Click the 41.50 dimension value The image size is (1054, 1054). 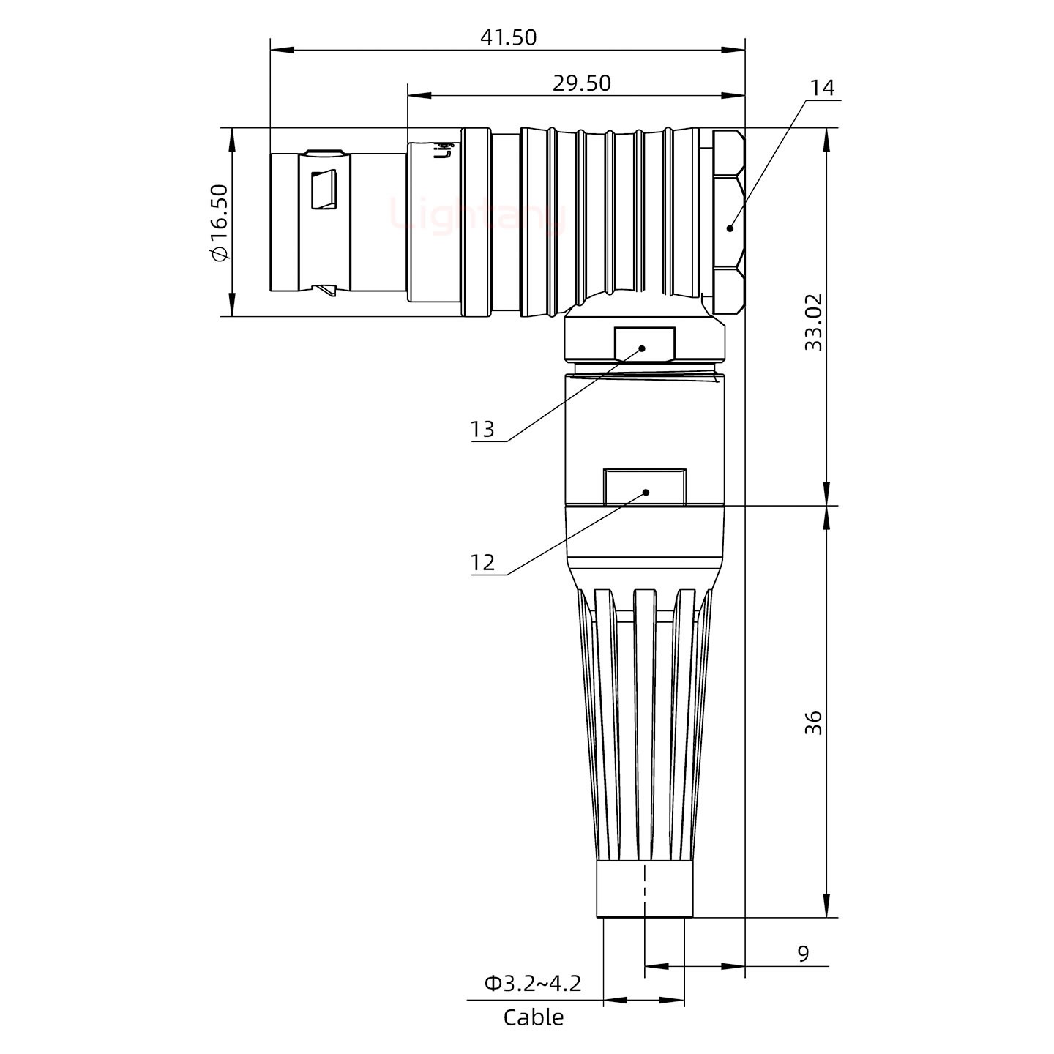pos(508,37)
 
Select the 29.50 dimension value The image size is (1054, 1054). pos(581,83)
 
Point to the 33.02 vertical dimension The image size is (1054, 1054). pos(813,322)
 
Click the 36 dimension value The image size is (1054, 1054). pos(813,722)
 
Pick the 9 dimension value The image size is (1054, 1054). pos(803,954)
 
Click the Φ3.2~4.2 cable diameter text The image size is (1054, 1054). pos(532,983)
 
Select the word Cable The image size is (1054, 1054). pos(533,1017)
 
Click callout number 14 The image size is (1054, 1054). pos(821,88)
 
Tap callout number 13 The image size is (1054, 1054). pos(482,429)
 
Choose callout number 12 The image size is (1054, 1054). pos(482,562)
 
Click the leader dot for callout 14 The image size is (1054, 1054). pos(730,228)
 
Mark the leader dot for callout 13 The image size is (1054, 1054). pos(643,348)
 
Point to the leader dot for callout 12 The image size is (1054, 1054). pos(646,492)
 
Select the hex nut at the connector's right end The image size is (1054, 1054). pos(728,222)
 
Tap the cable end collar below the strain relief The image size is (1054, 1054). pos(645,889)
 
